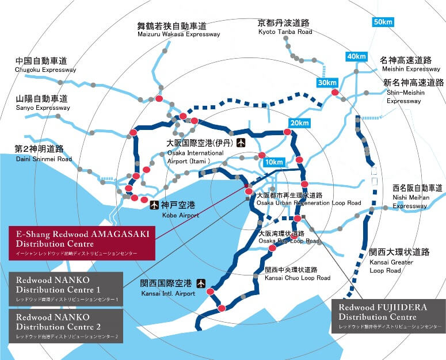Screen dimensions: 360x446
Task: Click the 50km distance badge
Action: click(x=382, y=22)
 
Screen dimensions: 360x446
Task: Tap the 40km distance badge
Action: click(x=356, y=56)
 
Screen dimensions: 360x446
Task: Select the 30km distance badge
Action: click(x=327, y=83)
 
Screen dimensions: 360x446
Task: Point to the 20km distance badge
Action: click(x=299, y=123)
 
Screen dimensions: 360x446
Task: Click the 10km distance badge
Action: click(x=275, y=162)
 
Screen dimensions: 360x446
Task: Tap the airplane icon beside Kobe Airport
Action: click(x=153, y=204)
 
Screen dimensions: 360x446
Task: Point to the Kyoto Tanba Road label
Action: click(x=284, y=27)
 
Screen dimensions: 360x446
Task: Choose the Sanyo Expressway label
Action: click(x=42, y=103)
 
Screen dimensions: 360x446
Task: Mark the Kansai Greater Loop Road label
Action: click(x=399, y=261)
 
